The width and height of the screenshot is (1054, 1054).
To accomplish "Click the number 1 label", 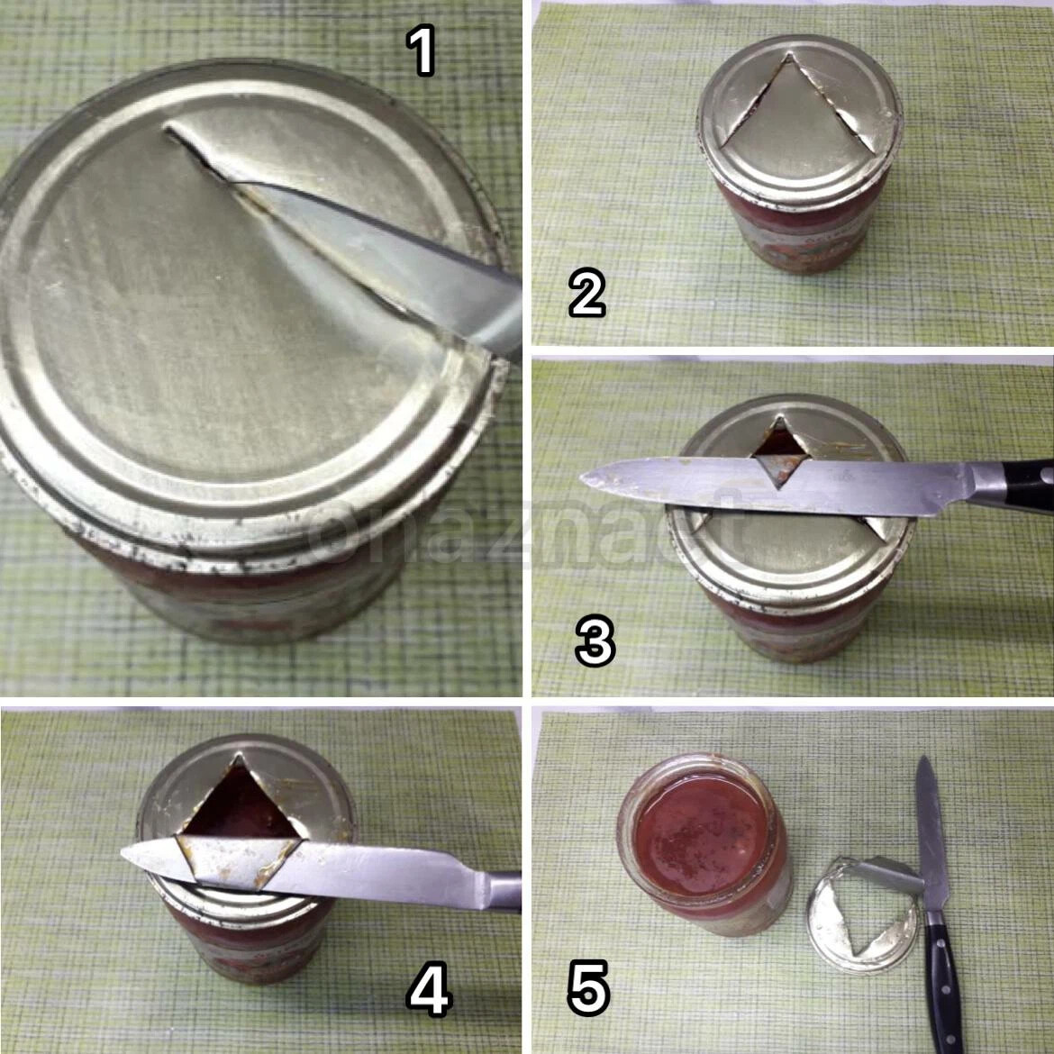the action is click(423, 50).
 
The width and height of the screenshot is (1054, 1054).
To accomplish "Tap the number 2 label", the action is click(586, 293).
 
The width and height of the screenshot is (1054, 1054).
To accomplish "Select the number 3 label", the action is click(595, 642).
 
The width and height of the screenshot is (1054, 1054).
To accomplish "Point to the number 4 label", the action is click(429, 991).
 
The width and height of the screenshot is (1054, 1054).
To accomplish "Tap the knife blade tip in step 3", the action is click(582, 478).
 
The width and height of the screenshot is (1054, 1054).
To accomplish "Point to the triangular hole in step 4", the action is click(239, 804).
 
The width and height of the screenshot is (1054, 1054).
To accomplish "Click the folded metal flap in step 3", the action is click(780, 468).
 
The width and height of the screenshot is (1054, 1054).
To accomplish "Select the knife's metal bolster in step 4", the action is click(502, 891).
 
